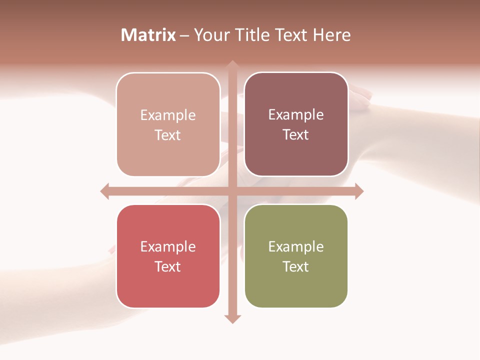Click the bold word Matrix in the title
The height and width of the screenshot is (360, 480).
point(148,35)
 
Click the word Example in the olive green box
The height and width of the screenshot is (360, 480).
point(296,246)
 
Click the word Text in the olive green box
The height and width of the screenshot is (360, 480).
point(296,266)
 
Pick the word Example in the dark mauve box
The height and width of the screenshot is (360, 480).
point(296,114)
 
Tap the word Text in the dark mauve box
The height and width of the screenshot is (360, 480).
point(296,134)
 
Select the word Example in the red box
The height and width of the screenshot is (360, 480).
point(168,246)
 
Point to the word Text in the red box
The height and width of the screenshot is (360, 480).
point(168,266)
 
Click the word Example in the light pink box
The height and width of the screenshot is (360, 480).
point(168,115)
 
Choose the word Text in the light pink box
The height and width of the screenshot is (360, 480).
point(168,135)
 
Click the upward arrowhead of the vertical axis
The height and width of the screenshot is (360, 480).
point(232,64)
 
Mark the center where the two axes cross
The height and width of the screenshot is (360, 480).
point(232,191)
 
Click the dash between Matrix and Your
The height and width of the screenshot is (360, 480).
point(184,35)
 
